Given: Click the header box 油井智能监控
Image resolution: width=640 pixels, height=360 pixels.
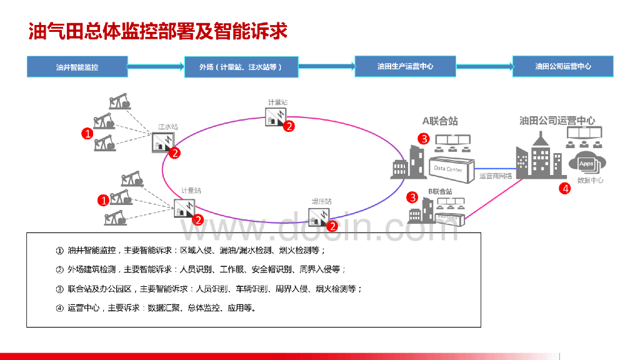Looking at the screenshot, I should click(77, 66).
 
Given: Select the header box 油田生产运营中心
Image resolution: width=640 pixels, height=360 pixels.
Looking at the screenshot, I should click(405, 66).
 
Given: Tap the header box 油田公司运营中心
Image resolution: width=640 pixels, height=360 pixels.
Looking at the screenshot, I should click(562, 66).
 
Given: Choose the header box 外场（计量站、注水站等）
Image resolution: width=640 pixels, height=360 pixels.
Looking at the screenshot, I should click(241, 67).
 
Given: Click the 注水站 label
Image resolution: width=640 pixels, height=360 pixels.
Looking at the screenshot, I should click(167, 127).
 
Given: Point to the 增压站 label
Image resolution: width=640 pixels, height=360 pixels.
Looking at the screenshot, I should click(322, 201).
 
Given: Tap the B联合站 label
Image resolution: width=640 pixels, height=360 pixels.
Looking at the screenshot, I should click(440, 191).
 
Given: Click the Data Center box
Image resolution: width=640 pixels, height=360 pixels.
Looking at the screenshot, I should click(448, 168).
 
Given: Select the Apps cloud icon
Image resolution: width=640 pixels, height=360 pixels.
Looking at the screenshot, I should click(587, 163).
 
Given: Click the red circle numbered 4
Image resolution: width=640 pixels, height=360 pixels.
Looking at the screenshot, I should click(564, 188).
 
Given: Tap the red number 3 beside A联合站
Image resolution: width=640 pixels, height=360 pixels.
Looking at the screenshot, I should click(423, 139).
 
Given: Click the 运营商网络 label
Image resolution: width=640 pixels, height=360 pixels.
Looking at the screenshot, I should click(496, 176).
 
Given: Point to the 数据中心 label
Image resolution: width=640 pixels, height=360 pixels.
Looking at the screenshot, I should click(590, 181).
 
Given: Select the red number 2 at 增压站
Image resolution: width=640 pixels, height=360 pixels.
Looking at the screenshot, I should click(333, 226).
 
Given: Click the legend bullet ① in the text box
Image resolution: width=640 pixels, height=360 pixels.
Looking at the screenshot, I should click(59, 251).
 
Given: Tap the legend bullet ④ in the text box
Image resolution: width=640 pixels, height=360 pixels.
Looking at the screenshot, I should click(59, 307).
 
